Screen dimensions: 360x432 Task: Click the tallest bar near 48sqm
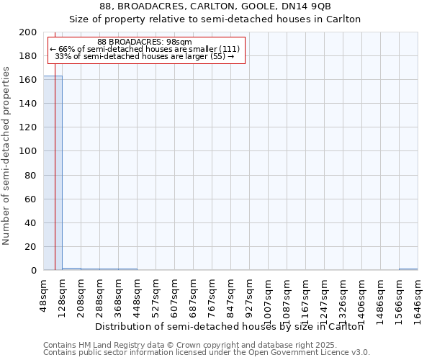pos(53,173)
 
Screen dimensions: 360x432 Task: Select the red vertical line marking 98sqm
pos(55,180)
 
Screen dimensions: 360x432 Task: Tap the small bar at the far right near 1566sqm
pos(408,269)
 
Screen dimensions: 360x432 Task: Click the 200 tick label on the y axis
pos(28,32)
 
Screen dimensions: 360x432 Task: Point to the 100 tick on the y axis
pos(28,151)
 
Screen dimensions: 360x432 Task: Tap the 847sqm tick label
pos(231,296)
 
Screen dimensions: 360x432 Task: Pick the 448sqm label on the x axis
pos(138,296)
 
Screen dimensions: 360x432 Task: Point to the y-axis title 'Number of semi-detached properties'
pos(6,156)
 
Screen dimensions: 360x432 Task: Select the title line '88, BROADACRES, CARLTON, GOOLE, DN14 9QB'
pos(215,6)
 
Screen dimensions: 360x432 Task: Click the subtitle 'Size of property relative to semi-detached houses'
pos(215,19)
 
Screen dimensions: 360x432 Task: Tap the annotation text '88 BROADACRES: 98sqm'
pos(145,42)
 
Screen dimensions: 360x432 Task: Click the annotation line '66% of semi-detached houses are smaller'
pos(145,49)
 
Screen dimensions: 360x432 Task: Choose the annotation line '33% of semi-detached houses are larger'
pos(145,56)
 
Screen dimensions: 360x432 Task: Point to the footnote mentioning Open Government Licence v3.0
pos(207,353)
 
